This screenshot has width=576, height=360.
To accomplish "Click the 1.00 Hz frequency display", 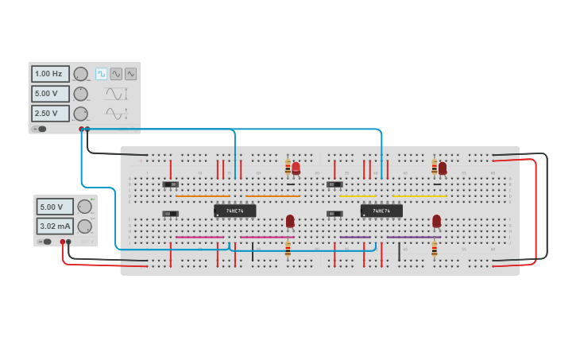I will pyautogui.click(x=50, y=74).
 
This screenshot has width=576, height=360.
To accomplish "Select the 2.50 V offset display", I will pyautogui.click(x=50, y=114).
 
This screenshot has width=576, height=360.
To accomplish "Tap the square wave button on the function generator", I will pyautogui.click(x=101, y=74).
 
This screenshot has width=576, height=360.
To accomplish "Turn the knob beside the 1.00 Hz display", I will pyautogui.click(x=80, y=74).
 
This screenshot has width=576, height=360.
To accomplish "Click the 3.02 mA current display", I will pyautogui.click(x=55, y=226).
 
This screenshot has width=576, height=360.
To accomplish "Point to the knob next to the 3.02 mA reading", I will pyautogui.click(x=84, y=226).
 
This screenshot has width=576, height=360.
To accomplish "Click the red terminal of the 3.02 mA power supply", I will pyautogui.click(x=62, y=242).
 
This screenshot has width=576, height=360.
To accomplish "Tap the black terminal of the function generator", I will pyautogui.click(x=87, y=129).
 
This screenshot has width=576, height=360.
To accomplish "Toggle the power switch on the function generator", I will pyautogui.click(x=40, y=129).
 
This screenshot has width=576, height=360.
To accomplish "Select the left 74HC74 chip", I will pyautogui.click(x=234, y=211).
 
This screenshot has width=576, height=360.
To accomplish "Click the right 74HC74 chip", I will pyautogui.click(x=381, y=211).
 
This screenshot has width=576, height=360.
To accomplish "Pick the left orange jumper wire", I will pyautogui.click(x=203, y=195).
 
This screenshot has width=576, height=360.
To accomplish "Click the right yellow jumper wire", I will pyautogui.click(x=419, y=195).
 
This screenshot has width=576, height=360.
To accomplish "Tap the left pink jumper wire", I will pyautogui.click(x=199, y=237).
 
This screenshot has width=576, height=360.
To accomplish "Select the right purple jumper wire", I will pyautogui.click(x=413, y=237).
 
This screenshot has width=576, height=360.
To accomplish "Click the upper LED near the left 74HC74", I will pyautogui.click(x=296, y=168).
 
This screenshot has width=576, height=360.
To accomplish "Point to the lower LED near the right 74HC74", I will pyautogui.click(x=436, y=220).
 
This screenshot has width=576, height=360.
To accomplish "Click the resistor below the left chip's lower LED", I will pyautogui.click(x=288, y=250).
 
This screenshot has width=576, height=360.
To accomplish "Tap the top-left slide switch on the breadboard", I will pyautogui.click(x=170, y=184).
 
